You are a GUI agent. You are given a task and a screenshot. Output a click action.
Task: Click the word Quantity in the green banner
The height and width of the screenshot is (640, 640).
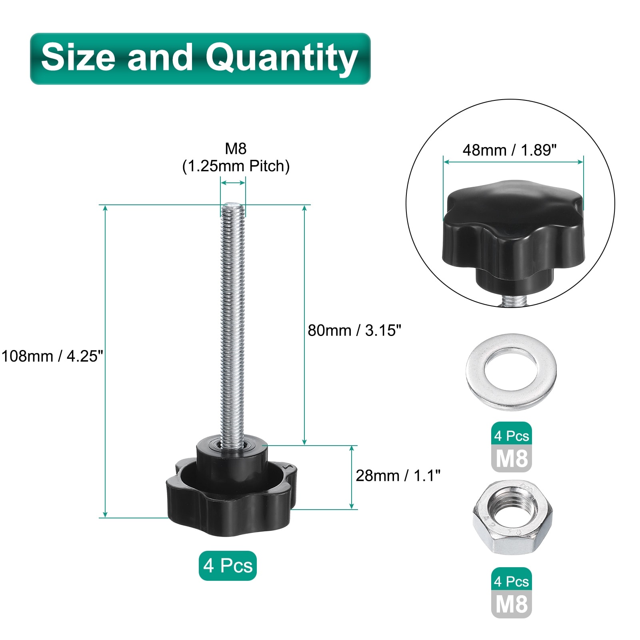point(281,58)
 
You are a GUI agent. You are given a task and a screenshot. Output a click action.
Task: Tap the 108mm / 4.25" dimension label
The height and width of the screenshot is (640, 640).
point(52,356)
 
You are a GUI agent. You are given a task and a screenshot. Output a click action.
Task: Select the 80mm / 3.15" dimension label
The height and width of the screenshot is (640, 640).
point(354,330)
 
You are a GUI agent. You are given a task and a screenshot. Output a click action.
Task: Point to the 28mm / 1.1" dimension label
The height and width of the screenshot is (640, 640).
point(398,476)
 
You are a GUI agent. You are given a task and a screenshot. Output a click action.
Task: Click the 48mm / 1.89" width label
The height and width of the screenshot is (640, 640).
point(510,150)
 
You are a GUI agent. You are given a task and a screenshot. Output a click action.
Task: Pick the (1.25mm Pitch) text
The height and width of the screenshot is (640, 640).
point(236,166)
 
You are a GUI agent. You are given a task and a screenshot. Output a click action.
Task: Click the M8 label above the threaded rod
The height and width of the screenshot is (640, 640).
point(236,148)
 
